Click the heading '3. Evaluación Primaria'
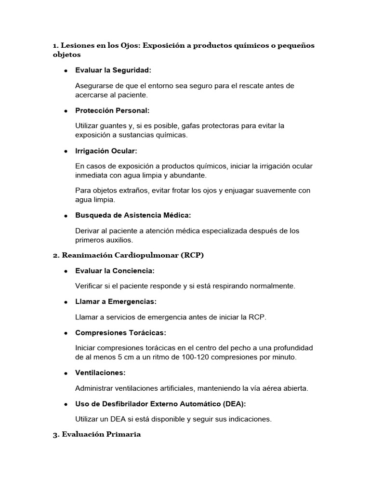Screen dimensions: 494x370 (x=97, y=435)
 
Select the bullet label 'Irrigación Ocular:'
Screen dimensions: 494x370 (x=106, y=151)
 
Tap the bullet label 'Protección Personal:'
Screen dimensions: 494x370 (x=112, y=110)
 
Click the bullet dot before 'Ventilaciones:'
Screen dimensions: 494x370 (x=65, y=373)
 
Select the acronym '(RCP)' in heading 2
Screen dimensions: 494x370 (x=193, y=255)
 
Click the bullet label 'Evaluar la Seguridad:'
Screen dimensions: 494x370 (x=113, y=70)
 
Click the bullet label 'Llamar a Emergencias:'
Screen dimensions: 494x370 (x=116, y=302)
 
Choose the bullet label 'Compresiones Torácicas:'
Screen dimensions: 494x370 (x=120, y=333)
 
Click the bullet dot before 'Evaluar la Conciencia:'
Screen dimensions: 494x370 (x=65, y=271)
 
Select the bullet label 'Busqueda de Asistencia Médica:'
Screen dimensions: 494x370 (x=133, y=215)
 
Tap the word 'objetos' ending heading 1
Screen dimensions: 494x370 (x=67, y=55)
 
